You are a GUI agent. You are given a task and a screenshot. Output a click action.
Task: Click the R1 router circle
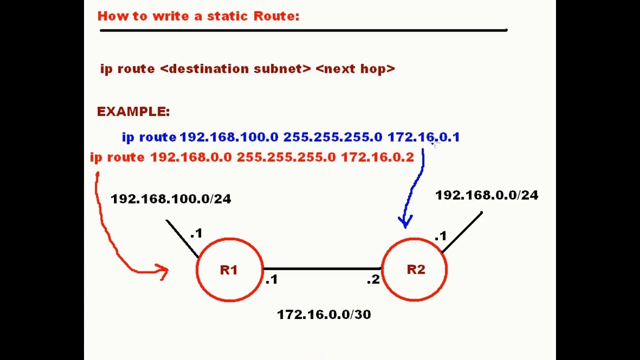click(229, 270)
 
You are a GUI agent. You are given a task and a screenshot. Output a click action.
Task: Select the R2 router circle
click(414, 270)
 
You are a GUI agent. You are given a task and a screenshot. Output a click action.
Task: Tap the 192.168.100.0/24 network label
click(170, 199)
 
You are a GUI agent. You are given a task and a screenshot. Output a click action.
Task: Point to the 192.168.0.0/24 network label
click(486, 195)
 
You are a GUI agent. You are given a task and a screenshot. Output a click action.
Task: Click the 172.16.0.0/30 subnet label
click(323, 314)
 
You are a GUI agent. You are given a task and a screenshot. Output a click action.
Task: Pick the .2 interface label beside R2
click(373, 280)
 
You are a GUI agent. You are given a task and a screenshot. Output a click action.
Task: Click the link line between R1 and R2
click(322, 269)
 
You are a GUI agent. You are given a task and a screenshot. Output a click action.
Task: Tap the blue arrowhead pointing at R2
click(405, 220)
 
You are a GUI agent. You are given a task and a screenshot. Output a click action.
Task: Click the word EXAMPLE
click(133, 111)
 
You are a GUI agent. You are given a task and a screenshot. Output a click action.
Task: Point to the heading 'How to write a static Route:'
click(198, 16)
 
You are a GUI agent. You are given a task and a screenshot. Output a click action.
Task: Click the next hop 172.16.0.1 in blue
click(423, 137)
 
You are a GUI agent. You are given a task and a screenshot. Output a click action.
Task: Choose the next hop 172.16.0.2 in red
click(377, 157)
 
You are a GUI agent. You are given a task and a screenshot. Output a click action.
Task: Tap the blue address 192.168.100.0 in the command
click(228, 137)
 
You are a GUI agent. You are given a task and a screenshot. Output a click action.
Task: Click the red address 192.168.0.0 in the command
click(191, 157)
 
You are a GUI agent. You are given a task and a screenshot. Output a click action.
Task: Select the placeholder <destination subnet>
click(235, 68)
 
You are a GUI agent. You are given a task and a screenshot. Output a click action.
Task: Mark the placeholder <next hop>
click(355, 68)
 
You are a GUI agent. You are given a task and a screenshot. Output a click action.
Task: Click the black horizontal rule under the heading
click(303, 30)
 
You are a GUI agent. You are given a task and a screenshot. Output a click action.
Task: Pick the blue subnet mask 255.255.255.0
click(332, 137)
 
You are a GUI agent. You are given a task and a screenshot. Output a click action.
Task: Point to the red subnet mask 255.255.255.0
click(286, 157)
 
